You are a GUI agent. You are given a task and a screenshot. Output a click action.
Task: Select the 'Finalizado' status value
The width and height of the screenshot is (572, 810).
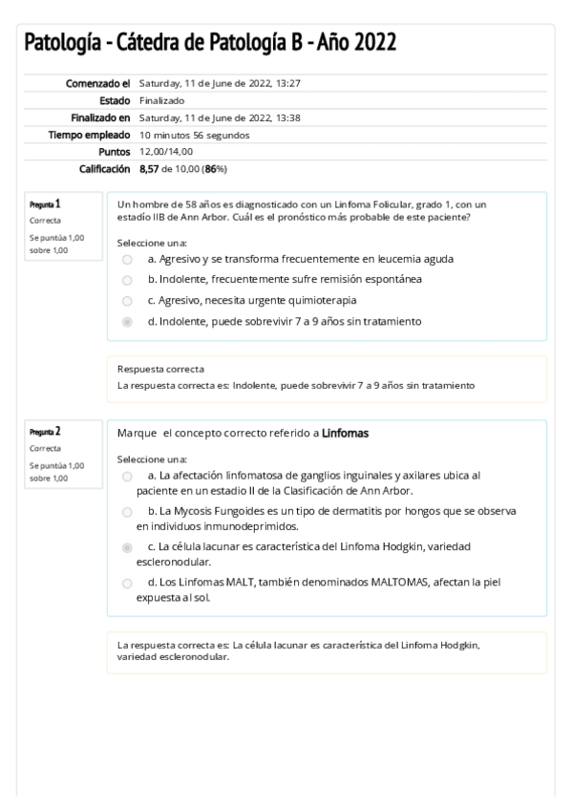[162, 100]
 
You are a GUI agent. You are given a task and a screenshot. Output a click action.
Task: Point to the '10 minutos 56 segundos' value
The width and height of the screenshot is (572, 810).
[194, 135]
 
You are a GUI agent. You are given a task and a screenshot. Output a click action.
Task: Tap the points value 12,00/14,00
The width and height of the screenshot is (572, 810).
[166, 152]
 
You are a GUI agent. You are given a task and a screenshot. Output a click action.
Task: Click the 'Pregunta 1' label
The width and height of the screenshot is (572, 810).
[45, 204]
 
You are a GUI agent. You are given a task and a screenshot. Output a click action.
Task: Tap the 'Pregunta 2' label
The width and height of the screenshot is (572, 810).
[45, 432]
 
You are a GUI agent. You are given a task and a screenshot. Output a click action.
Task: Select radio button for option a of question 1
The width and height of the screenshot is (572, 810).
[128, 260]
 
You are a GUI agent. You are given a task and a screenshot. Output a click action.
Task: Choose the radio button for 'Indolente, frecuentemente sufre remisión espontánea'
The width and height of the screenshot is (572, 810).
[128, 280]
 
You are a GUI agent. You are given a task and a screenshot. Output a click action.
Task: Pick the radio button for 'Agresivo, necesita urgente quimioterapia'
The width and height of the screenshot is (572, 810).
[128, 301]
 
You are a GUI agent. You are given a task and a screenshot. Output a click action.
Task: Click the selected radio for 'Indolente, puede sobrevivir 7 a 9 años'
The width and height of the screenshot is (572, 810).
[128, 322]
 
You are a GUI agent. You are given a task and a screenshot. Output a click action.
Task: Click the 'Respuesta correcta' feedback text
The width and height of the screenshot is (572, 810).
[160, 369]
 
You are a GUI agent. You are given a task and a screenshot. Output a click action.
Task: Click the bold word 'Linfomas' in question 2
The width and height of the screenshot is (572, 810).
[345, 434]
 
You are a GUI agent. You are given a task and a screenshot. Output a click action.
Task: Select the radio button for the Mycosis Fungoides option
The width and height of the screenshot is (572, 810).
[128, 512]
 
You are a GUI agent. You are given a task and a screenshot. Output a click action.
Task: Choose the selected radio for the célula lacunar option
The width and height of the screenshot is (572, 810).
[128, 547]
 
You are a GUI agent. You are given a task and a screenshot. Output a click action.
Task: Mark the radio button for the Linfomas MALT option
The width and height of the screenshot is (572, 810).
[128, 583]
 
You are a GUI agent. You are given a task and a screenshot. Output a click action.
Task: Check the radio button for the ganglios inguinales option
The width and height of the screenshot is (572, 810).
[128, 476]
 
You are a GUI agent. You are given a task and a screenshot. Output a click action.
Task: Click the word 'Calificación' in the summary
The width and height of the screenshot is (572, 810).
[103, 169]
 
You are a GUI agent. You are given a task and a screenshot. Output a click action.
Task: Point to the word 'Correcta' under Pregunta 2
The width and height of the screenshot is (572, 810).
[45, 448]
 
